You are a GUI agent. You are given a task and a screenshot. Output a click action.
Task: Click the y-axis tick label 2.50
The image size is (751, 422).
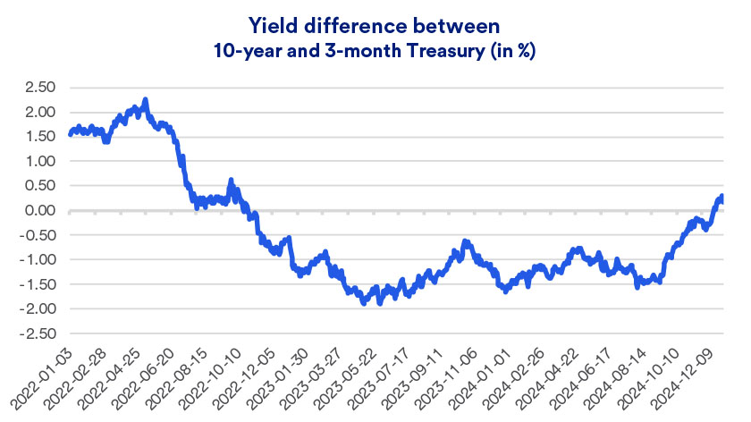[39, 88]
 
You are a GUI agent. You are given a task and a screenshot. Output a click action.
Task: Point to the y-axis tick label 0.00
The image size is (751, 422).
[39, 211]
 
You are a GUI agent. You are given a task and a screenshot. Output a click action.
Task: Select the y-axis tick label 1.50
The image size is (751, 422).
[40, 137]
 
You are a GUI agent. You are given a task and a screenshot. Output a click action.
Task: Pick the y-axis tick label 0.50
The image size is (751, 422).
[39, 186]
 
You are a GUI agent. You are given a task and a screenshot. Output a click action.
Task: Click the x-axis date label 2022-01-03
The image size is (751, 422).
[46, 374]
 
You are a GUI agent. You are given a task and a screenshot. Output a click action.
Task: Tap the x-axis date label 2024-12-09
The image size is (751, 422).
[697, 374]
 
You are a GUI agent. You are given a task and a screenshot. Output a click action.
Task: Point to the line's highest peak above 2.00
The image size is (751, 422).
[146, 99]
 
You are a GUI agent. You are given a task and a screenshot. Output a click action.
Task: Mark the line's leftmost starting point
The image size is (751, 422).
[70, 135]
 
